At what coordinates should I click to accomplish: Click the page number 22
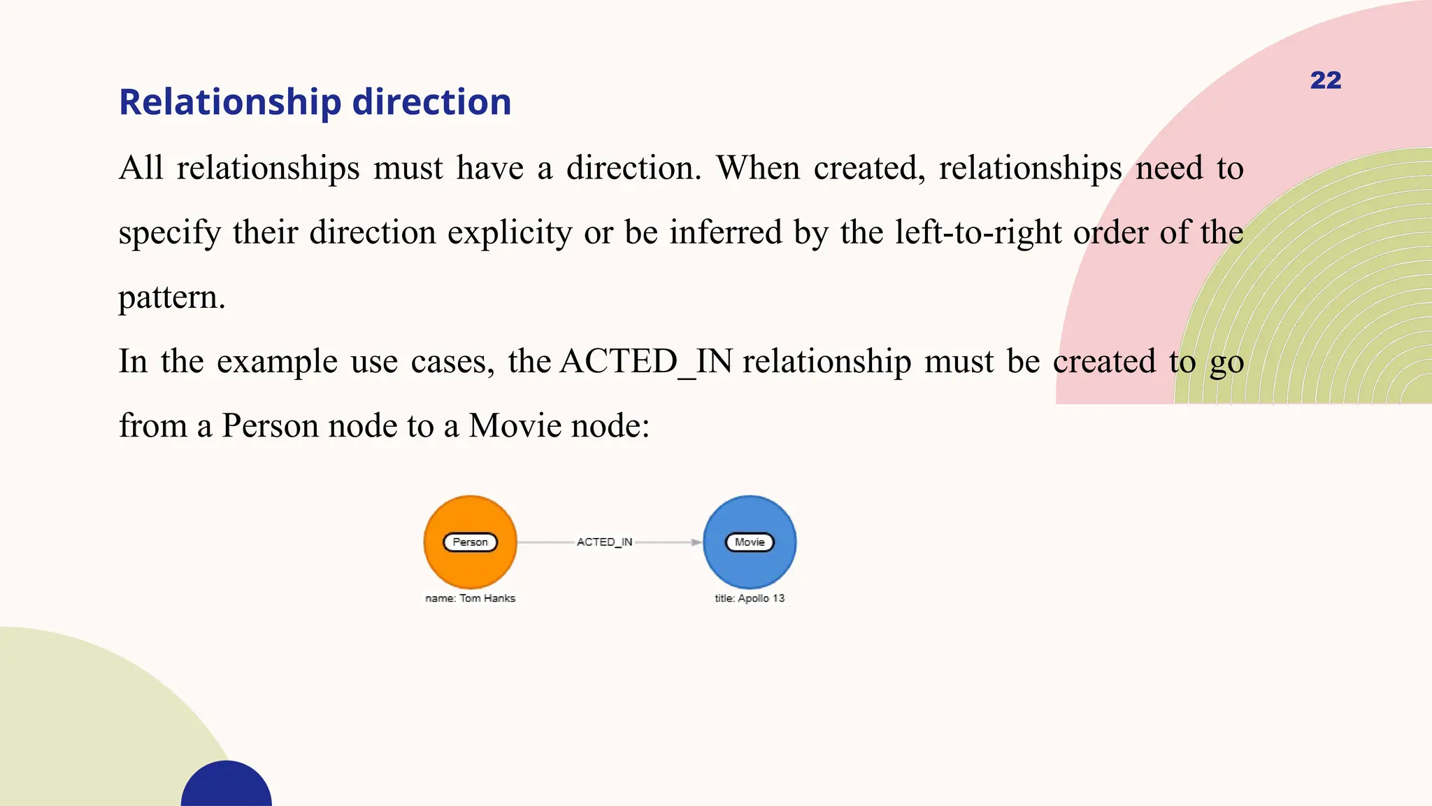coord(1325,80)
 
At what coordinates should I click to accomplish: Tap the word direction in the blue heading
coord(431,102)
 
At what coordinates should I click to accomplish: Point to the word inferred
coord(725,232)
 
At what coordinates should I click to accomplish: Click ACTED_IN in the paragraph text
coord(646,362)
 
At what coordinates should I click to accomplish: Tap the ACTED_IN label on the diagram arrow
coord(604,542)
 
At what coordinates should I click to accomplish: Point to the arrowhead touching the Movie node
coord(696,542)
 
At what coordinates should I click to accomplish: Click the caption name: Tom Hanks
coord(470,598)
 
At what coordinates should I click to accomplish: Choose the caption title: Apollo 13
coord(750,598)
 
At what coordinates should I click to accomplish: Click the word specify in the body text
coord(169,232)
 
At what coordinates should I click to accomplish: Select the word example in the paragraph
coord(277,362)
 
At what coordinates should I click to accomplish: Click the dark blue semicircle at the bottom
coord(227,787)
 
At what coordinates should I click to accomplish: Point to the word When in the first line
coord(758,168)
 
